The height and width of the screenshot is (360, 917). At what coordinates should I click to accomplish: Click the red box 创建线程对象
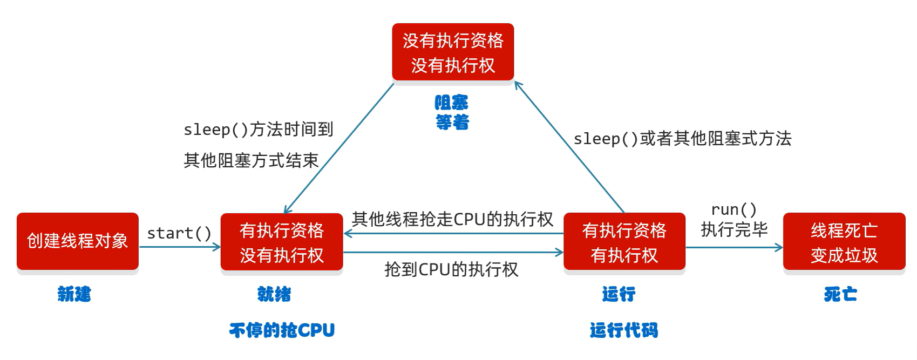[77, 241]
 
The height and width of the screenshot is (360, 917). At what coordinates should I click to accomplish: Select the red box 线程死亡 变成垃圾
[844, 241]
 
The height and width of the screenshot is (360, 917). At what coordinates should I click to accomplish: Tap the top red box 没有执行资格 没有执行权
[452, 52]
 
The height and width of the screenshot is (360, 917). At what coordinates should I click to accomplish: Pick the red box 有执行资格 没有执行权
[281, 242]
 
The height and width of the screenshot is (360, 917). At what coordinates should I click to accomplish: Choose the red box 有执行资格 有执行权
[624, 241]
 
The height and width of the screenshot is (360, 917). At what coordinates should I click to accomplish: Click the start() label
[179, 233]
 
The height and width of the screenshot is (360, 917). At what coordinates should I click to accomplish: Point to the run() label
[733, 209]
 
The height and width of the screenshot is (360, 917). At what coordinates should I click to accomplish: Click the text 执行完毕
[733, 230]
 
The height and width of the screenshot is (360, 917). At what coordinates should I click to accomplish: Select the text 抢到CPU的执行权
[451, 269]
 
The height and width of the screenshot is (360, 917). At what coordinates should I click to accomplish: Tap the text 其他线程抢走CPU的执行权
[452, 219]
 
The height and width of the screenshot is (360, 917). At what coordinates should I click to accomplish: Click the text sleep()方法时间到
[258, 130]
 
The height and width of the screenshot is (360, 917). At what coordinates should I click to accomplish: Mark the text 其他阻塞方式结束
[251, 160]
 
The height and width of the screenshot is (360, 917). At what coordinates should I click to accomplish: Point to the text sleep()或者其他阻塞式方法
[682, 139]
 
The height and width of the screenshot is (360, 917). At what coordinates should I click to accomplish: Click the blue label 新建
[74, 294]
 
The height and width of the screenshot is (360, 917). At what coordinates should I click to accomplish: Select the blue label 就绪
[274, 294]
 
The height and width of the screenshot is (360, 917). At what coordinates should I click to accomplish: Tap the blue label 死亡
[840, 294]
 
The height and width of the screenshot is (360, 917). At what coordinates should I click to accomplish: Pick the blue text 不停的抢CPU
[282, 330]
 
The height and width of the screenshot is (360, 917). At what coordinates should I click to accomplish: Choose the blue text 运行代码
[623, 330]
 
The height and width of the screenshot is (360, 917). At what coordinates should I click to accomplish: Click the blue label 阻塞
[452, 103]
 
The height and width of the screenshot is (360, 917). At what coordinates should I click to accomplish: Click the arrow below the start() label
[180, 247]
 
